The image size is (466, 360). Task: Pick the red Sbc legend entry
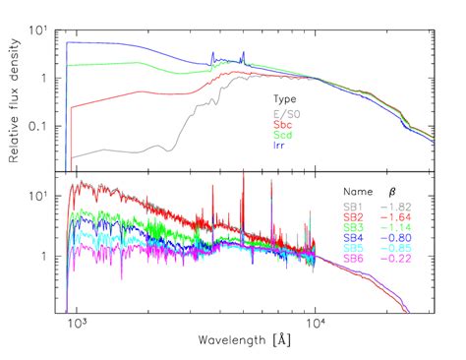(284, 124)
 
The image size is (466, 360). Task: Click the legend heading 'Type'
(285, 99)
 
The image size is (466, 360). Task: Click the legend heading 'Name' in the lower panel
(357, 191)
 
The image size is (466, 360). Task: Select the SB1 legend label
(354, 206)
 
